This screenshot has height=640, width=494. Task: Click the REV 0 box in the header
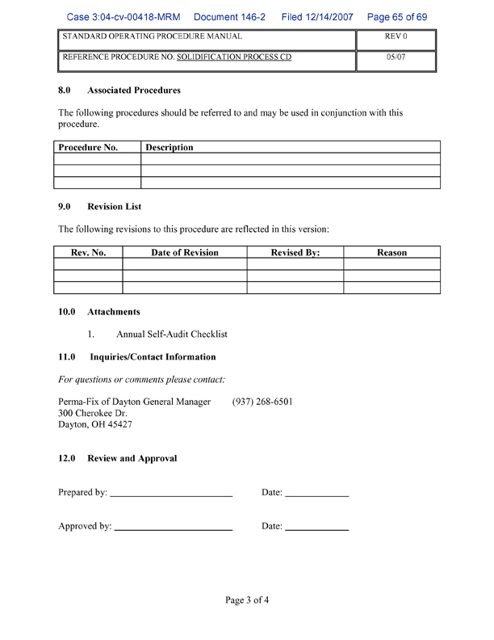pos(396,37)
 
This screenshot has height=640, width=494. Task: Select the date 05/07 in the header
pos(396,58)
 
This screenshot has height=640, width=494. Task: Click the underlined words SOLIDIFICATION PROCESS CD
pos(234,58)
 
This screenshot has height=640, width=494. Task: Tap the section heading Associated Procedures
pos(134,91)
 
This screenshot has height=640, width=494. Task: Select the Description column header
pos(170,148)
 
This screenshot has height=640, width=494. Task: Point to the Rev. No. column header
pos(89,253)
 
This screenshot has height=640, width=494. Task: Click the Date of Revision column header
pos(185,253)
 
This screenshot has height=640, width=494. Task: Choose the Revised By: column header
pos(295,253)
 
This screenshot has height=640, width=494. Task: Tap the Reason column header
pos(391,253)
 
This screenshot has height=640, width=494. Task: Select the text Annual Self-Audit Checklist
pos(172,335)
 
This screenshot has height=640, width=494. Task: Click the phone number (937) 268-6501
pos(262,402)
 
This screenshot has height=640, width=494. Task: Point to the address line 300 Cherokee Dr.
pos(93,413)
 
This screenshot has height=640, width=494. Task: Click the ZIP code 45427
pos(119,424)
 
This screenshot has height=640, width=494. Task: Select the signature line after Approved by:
pos(174,528)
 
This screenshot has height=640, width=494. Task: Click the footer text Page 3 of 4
pos(247,600)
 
